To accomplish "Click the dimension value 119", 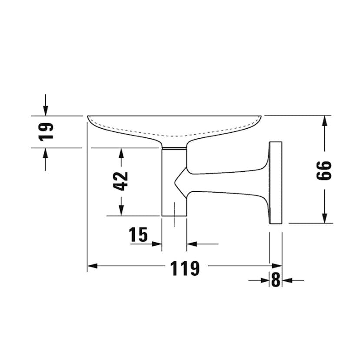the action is [185, 268].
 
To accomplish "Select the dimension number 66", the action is [324, 170].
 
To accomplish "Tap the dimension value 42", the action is [120, 181].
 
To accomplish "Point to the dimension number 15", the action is [138, 234].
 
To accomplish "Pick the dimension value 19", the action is [46, 132].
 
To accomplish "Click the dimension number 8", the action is [276, 280].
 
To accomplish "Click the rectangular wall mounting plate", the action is [276, 183].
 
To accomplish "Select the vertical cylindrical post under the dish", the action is [174, 181].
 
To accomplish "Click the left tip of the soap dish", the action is [88, 117].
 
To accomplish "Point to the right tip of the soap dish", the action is [261, 117].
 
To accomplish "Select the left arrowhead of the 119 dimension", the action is [92, 266].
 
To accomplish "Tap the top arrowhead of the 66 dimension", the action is [324, 121].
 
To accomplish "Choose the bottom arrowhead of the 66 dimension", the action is [324, 218].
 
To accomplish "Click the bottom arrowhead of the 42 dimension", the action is [121, 210].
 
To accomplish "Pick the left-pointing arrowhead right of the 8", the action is [287, 280].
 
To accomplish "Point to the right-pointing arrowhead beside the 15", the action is [157, 244].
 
